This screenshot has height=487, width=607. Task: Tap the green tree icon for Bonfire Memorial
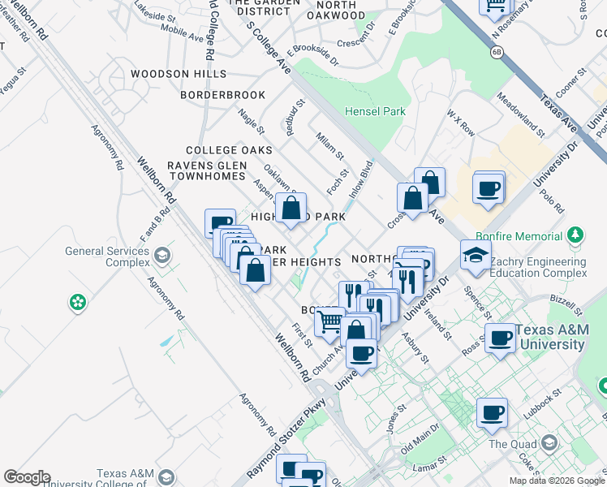[x=575, y=235]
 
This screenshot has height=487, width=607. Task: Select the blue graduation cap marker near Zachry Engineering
[x=476, y=255]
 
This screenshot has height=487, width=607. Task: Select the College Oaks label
[x=229, y=150]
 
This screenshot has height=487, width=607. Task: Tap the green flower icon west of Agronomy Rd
[x=78, y=303]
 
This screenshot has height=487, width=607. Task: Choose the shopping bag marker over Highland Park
[x=291, y=208]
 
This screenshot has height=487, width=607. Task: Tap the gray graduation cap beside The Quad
[x=549, y=443]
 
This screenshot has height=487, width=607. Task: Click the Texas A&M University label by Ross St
[x=549, y=337]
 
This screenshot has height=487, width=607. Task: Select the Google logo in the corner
[x=26, y=477]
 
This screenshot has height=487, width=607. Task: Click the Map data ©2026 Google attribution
[x=556, y=481]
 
